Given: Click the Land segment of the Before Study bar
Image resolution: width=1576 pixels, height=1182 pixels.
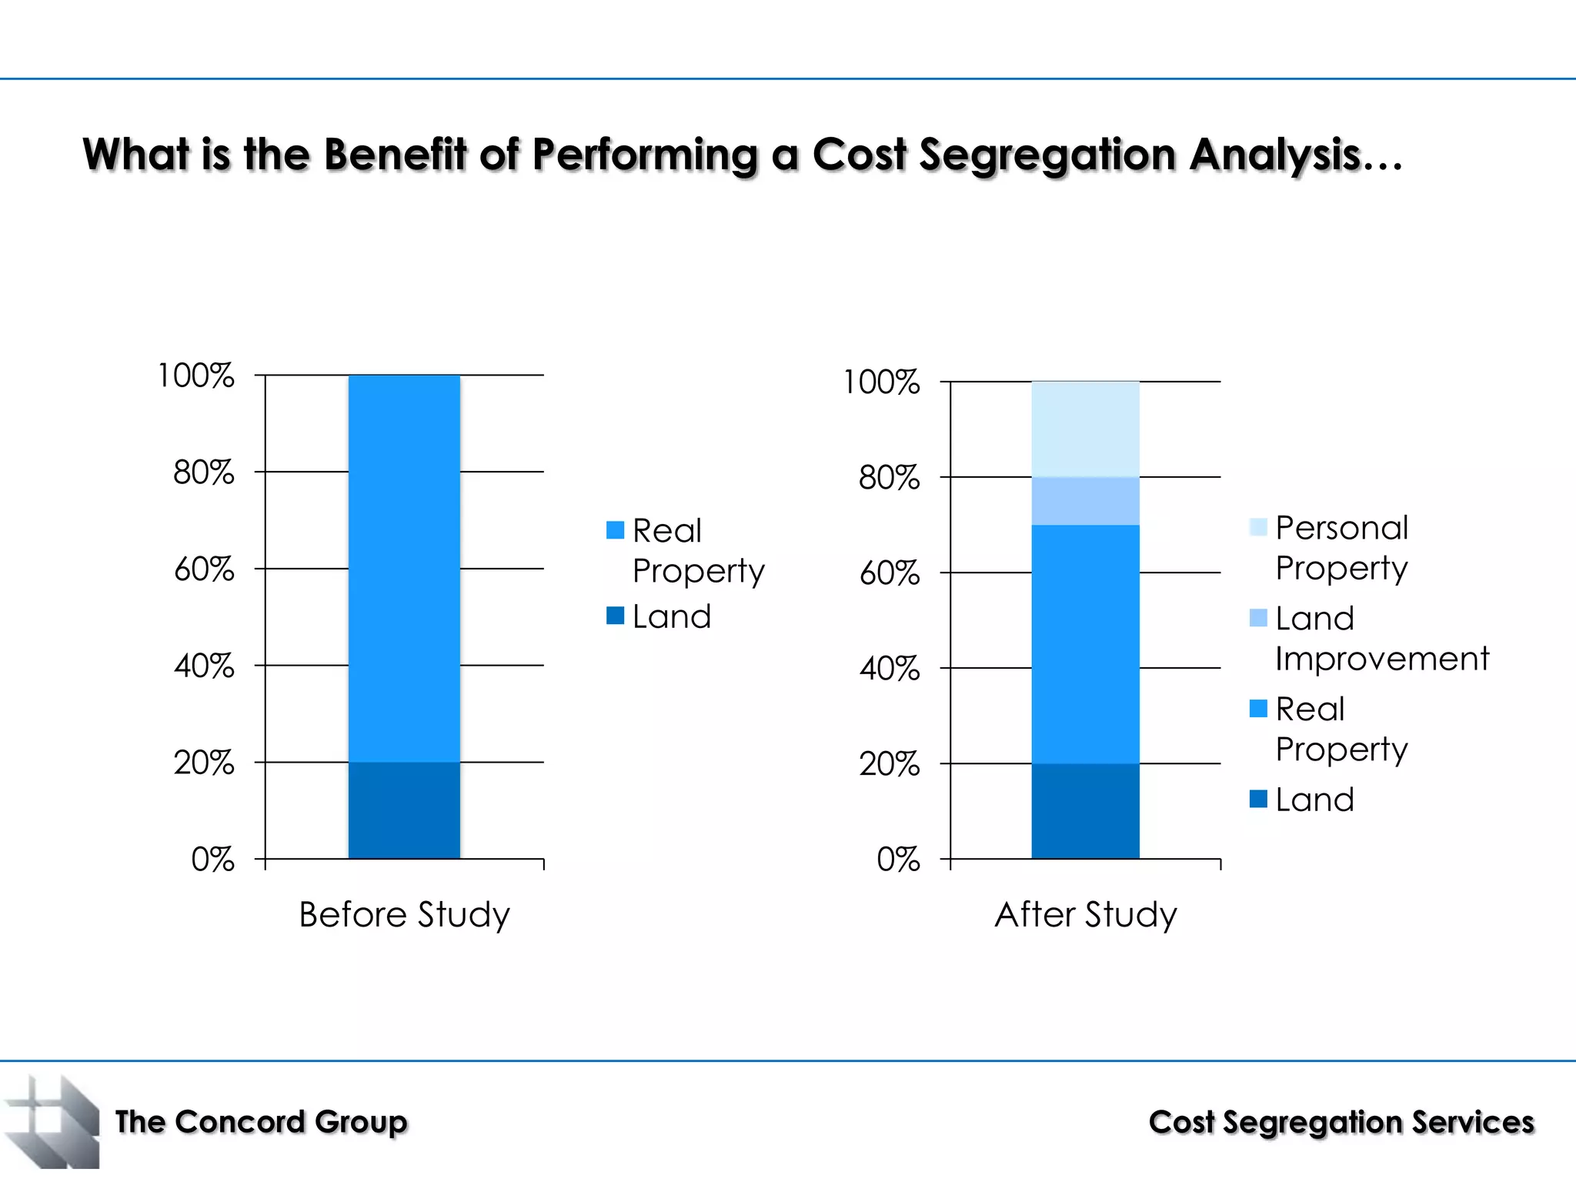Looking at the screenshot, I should [404, 810].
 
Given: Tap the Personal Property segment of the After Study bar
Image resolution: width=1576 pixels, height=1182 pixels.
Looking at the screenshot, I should [1085, 429].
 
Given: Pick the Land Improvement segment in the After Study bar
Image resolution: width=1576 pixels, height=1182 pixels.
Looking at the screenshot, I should [1085, 501].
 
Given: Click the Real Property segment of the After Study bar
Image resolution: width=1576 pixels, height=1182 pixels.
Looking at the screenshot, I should [1085, 643].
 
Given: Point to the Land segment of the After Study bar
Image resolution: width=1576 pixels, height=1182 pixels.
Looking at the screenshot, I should [1085, 810].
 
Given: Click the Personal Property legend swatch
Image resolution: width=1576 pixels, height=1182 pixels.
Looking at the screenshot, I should [1258, 527].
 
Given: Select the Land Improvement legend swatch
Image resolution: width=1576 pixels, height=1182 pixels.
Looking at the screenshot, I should [1258, 618].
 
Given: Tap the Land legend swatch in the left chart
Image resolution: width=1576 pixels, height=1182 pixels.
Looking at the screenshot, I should [615, 616].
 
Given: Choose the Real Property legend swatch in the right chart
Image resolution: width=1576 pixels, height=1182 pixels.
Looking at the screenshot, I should [1258, 708].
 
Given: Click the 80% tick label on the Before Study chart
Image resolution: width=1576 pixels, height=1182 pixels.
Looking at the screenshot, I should [203, 472].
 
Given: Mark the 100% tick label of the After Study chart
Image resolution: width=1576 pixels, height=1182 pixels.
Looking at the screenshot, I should [881, 382].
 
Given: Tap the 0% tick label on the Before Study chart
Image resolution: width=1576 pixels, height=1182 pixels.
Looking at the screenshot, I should [212, 859].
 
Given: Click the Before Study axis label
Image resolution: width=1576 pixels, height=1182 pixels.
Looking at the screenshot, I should [404, 914].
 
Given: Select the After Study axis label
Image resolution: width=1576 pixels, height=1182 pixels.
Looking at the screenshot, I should [1085, 914].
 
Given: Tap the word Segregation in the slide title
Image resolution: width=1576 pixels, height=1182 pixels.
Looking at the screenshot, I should [1047, 155].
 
